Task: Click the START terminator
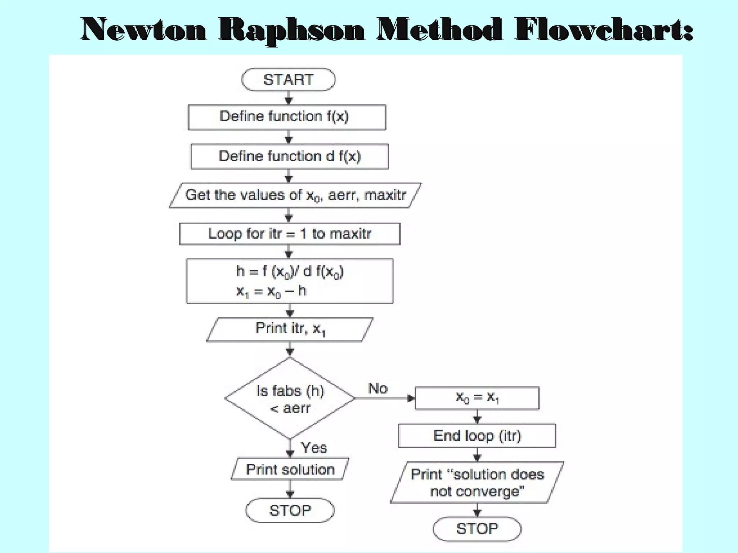click(x=288, y=80)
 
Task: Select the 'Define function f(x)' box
click(x=287, y=117)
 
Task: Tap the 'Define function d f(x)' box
click(x=289, y=157)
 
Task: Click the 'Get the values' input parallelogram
click(x=295, y=195)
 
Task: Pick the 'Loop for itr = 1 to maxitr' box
click(x=289, y=234)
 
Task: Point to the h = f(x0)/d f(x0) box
click(x=289, y=281)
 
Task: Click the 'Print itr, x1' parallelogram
click(x=289, y=329)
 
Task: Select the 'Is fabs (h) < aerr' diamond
click(x=290, y=398)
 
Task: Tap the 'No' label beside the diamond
click(x=378, y=388)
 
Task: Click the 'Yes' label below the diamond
click(x=314, y=448)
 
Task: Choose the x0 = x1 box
click(x=477, y=398)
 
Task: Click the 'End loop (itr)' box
click(x=477, y=436)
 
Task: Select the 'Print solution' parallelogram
click(x=290, y=469)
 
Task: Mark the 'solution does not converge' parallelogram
click(x=477, y=482)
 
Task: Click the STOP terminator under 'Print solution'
click(x=290, y=510)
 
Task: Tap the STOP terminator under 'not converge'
click(x=477, y=529)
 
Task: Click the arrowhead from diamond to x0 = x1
click(x=411, y=398)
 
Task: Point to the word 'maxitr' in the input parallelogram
click(x=385, y=195)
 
